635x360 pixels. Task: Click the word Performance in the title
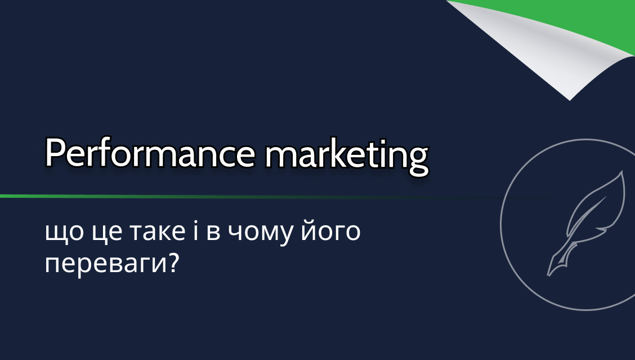coord(150,153)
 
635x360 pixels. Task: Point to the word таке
coord(158,232)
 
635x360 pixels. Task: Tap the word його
coord(330,231)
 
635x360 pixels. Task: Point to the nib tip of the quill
coord(549,275)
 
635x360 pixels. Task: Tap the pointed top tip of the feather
coord(622,172)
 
